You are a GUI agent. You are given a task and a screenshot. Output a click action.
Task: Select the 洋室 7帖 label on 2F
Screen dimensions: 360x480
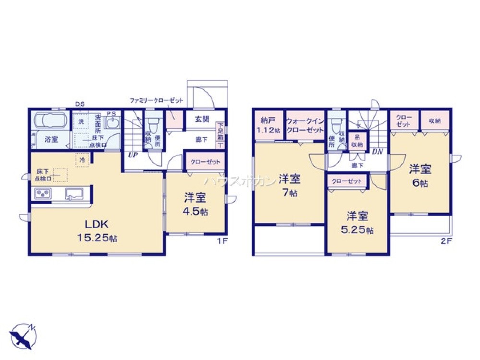click(x=289, y=185)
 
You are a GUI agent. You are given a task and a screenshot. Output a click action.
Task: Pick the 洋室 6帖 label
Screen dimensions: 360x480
click(x=420, y=175)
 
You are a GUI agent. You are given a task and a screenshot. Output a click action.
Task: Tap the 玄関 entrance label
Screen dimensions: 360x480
click(x=202, y=120)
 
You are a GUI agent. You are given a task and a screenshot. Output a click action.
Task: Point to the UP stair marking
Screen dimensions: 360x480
click(x=132, y=155)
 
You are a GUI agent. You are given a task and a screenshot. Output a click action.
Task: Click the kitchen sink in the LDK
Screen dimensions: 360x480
click(x=74, y=194)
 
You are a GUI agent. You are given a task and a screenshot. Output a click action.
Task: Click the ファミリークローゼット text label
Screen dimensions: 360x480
click(x=156, y=101)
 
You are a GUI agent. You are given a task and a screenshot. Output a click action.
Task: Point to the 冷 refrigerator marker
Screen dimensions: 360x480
click(x=83, y=159)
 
